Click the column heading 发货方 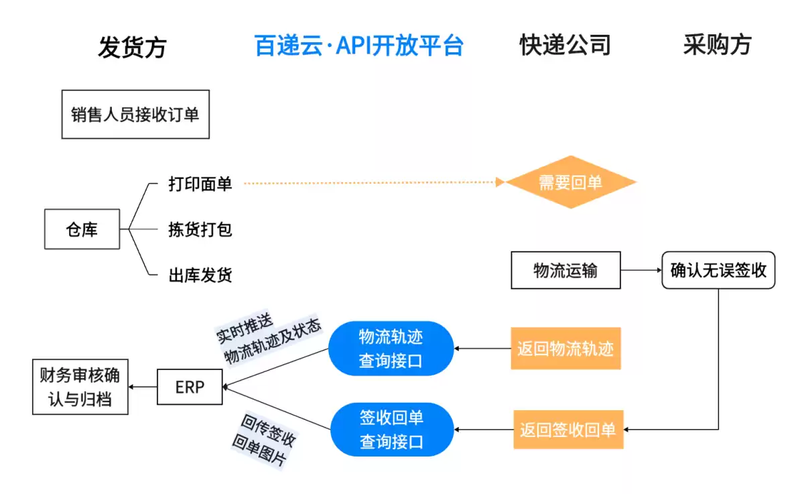tap(132, 47)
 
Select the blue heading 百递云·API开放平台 tap(359, 46)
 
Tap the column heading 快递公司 tap(565, 45)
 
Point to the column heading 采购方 tap(717, 45)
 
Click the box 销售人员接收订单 tap(135, 115)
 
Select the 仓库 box tap(82, 229)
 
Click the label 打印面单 tap(200, 184)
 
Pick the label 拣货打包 tap(200, 229)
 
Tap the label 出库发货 tap(200, 275)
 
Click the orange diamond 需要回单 tap(570, 182)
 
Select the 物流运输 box tap(565, 270)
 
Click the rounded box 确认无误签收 tap(718, 270)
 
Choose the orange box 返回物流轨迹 tap(565, 349)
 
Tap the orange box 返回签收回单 tap(567, 430)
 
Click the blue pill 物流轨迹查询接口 tap(391, 349)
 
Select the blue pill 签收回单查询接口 tap(392, 430)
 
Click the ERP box tap(190, 387)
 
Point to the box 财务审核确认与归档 tap(80, 387)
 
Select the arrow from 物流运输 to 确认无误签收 tap(641, 270)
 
